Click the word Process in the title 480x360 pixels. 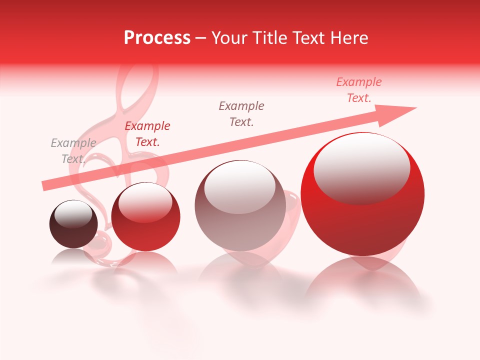[x=157, y=38]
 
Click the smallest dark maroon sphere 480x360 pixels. [x=73, y=224]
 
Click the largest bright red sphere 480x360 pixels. [x=362, y=200]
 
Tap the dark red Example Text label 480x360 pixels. [x=147, y=134]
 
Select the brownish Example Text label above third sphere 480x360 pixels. [x=241, y=114]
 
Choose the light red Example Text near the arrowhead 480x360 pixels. [x=359, y=90]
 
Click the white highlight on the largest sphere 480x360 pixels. [x=361, y=167]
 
